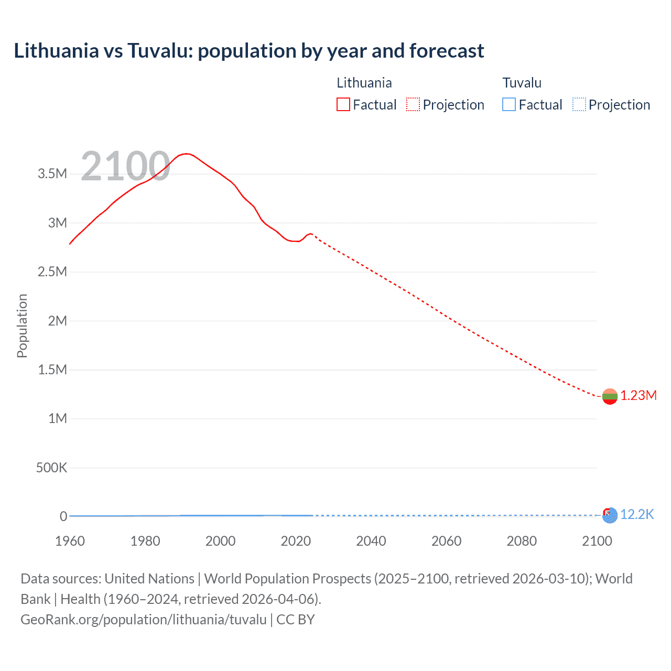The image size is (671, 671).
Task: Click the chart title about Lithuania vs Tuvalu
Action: pos(249,51)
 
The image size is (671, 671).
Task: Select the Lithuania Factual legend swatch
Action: pos(343,105)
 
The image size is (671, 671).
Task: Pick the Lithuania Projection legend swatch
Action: pos(413,105)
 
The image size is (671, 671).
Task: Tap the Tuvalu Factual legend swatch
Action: pos(509,105)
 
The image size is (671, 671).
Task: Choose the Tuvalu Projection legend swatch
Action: pos(579,105)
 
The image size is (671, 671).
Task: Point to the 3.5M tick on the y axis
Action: pos(52,174)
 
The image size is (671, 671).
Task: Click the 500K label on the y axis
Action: pos(51,468)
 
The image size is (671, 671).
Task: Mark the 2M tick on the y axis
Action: pos(57,321)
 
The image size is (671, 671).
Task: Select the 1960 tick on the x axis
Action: pos(70,541)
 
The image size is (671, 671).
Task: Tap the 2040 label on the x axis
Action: pos(371,541)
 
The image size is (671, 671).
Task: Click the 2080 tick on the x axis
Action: pos(522,541)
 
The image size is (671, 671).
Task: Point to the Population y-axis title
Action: pos(22,326)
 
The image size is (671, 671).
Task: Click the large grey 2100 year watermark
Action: pos(125,166)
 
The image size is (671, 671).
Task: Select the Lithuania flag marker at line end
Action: pos(610,396)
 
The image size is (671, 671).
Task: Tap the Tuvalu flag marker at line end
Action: pos(610,515)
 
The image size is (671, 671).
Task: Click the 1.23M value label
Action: pos(638,396)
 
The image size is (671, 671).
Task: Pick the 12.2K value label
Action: pos(637,515)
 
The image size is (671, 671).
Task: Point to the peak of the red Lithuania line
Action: pos(186,154)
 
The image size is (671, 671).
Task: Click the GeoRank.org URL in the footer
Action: pos(144,620)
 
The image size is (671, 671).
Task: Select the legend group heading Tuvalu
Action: pos(522,83)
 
